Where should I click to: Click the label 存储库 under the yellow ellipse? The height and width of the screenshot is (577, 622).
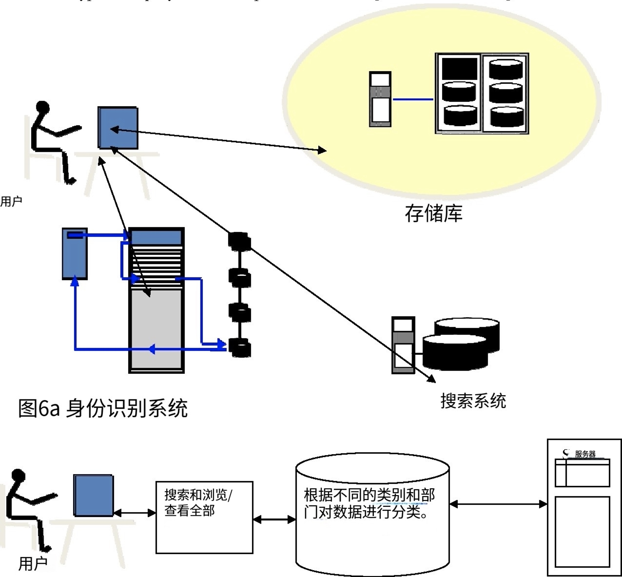[x=433, y=213]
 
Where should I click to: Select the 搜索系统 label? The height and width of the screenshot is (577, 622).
[x=473, y=401]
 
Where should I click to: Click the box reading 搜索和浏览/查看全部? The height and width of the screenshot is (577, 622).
[x=204, y=517]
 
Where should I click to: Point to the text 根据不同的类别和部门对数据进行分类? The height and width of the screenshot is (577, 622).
[x=369, y=504]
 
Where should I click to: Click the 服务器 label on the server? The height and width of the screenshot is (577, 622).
[x=585, y=454]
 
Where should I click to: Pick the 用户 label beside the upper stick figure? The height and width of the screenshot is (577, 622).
[x=11, y=201]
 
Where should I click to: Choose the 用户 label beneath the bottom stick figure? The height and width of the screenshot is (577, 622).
[x=33, y=564]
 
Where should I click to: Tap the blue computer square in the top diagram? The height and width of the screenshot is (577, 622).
[x=118, y=127]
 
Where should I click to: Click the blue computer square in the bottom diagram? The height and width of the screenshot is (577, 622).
[x=94, y=495]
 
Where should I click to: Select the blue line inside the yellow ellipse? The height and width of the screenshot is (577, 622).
[x=413, y=99]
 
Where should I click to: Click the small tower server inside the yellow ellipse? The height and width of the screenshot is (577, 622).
[x=380, y=99]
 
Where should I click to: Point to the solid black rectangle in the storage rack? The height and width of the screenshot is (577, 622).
[x=459, y=68]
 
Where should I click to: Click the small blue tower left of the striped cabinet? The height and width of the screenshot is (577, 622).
[x=75, y=253]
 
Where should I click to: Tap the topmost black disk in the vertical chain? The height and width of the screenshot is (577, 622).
[x=239, y=240]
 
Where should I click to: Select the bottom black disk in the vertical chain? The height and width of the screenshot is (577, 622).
[x=239, y=348]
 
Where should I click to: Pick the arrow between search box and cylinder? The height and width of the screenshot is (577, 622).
[x=274, y=520]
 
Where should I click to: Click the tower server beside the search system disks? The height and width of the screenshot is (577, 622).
[x=403, y=345]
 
